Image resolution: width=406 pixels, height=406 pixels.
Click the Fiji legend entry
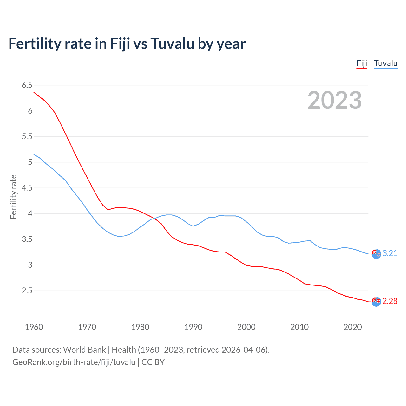click(x=362, y=63)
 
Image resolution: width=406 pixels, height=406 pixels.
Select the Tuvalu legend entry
click(x=385, y=63)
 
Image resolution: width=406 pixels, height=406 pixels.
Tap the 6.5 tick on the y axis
click(x=27, y=85)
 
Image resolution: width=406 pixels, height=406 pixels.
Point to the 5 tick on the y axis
click(x=30, y=162)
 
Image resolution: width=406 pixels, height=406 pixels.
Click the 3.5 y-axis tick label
click(x=27, y=239)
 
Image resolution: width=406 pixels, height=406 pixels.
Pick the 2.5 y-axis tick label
click(x=27, y=291)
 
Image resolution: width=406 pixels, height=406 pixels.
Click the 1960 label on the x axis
click(x=34, y=327)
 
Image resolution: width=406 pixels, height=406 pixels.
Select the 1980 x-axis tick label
click(x=140, y=327)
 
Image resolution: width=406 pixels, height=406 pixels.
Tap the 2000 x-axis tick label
click(x=246, y=327)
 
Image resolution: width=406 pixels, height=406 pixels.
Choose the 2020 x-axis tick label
click(x=352, y=327)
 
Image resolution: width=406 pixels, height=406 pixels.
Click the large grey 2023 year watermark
click(x=335, y=100)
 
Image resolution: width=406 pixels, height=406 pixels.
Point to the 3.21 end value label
click(x=390, y=253)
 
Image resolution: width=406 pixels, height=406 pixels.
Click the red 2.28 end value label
click(x=390, y=301)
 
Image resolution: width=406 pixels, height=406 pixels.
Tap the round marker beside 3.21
click(x=376, y=254)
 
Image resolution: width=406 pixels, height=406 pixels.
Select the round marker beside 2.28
click(x=376, y=302)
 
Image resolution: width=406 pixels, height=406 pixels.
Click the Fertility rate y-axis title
click(x=13, y=197)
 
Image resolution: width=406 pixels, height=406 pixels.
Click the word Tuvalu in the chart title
click(x=172, y=44)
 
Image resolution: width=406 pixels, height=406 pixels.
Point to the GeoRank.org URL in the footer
click(x=74, y=362)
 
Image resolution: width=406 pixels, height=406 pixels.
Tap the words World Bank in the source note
click(x=84, y=350)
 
